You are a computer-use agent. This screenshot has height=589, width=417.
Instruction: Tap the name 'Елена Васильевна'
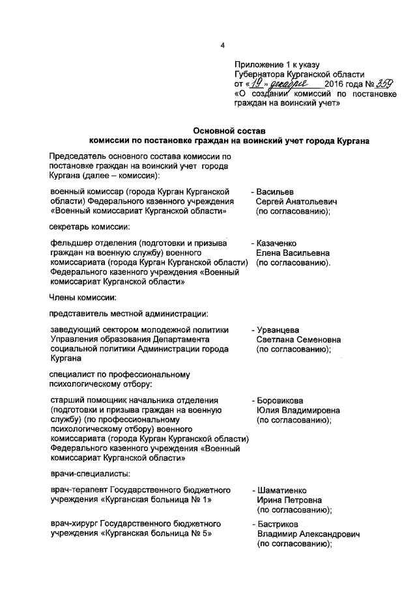click(293, 253)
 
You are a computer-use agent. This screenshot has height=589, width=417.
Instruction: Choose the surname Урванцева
click(280, 330)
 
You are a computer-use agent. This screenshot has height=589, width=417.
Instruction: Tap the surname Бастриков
click(280, 523)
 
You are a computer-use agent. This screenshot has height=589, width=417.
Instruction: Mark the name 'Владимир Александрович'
click(308, 533)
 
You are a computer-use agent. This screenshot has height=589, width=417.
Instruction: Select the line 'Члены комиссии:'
click(83, 298)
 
